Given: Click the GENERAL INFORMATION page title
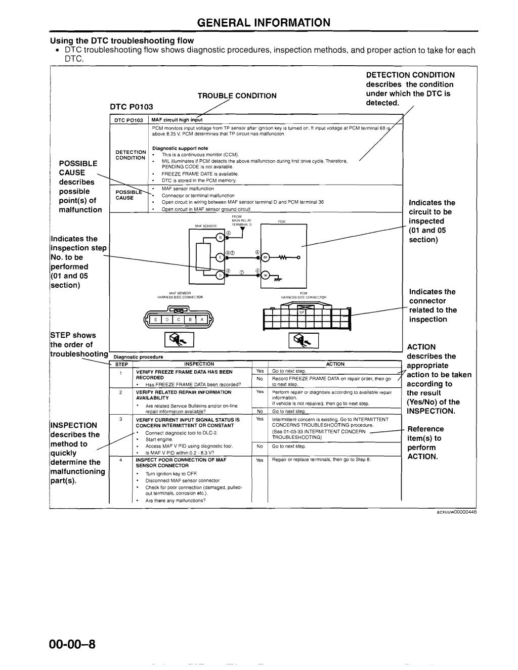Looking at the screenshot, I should tap(263, 23).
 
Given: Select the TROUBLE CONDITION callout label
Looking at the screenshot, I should tap(237, 96).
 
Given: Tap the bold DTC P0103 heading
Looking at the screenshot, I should tap(132, 107).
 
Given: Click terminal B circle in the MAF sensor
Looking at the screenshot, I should tap(220, 238).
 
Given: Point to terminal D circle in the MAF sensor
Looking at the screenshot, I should tap(220, 275).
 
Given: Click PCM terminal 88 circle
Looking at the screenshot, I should tap(265, 257).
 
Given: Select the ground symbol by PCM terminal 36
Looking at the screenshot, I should tap(277, 279).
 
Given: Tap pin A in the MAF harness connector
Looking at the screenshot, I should tap(202, 319).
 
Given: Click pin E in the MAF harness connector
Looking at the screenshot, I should tap(156, 319).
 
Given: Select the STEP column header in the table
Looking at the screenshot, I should tap(121, 364).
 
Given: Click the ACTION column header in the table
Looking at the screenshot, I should tap(335, 364).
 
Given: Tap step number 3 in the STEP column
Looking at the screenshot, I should tap(120, 419).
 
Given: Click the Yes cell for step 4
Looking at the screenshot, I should tap(260, 460).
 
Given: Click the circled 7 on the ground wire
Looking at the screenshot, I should tap(242, 272).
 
